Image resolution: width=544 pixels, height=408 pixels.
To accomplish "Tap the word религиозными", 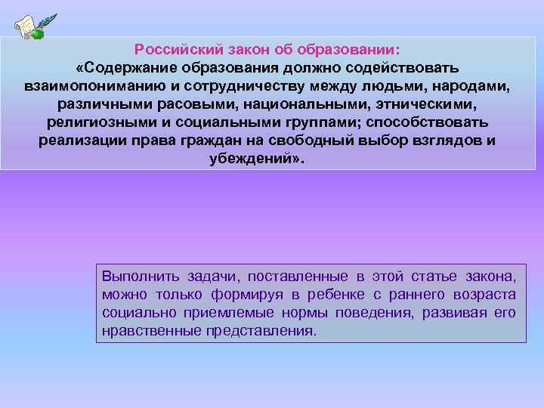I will (96, 122).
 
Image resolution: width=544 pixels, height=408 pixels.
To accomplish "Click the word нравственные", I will (150, 331).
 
